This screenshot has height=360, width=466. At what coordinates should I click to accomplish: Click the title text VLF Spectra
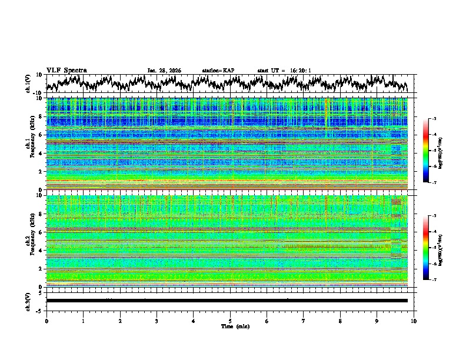coord(66,70)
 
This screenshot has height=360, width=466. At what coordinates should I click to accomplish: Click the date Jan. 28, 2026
coord(164,71)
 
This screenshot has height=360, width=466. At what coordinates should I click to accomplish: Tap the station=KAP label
coord(218,71)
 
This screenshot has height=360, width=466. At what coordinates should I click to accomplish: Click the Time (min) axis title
coord(231,326)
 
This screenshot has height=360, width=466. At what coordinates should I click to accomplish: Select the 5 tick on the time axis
coord(230,321)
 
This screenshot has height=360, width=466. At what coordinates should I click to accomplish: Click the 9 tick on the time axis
coord(377,321)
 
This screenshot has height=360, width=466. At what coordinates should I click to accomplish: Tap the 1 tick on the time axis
coord(83,321)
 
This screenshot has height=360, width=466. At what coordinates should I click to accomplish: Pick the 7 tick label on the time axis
coord(304,321)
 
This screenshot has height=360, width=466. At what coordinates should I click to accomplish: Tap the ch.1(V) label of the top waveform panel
coord(28,84)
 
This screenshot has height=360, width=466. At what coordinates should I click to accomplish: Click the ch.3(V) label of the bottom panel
coord(28,301)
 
